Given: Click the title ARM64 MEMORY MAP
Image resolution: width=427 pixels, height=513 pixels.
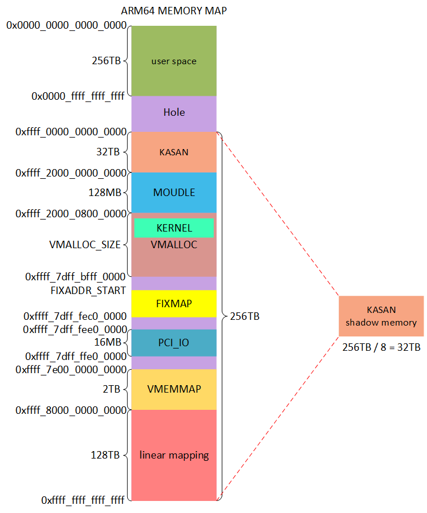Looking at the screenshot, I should coord(174,11).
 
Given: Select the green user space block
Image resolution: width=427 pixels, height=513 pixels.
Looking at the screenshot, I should coord(174,61).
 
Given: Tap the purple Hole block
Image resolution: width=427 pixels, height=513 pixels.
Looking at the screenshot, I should coord(174,112).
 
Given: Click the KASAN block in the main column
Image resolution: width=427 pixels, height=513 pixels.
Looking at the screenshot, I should coord(174,152).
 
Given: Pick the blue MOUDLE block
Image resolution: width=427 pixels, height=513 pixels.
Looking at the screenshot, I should coord(174,193).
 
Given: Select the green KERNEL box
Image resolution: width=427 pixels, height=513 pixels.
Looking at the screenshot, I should coord(174,228).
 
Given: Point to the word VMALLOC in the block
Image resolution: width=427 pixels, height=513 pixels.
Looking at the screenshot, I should coord(174,245).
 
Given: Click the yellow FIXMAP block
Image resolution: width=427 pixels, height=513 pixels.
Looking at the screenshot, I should coord(174,304).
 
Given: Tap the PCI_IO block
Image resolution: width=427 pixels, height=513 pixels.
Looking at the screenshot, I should coord(174,343).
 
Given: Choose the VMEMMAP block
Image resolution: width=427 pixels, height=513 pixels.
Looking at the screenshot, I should coord(174,389).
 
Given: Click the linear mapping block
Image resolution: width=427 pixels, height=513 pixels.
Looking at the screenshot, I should coord(174,455).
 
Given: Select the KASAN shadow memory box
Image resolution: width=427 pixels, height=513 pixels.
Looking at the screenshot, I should coord(381,316).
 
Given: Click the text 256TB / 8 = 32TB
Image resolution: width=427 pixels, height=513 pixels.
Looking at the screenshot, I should coord(381,347).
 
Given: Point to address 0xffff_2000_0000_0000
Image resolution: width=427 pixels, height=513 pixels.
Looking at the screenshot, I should coord(71,173).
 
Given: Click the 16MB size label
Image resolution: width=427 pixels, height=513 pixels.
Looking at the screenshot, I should coord(107,343).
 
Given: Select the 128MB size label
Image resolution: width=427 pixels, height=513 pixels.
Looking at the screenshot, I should coord(105,193).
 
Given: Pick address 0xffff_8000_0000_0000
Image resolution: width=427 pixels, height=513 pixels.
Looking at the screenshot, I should coord(71,410).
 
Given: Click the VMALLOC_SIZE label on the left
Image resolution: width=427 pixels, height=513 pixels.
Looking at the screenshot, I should coord(85,245).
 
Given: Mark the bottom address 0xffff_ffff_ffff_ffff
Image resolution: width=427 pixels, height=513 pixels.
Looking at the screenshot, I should coord(83,500).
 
